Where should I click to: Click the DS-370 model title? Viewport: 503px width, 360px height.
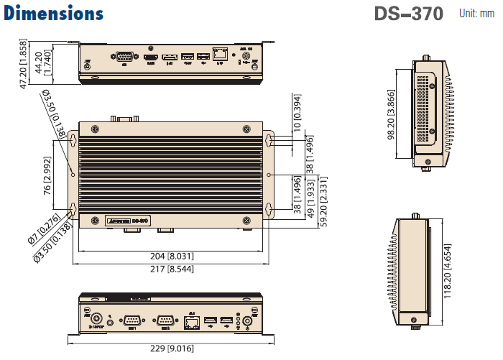coord(408,14)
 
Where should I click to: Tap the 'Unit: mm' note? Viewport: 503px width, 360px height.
coord(478,13)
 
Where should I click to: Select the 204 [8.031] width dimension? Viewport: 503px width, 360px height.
coord(170,256)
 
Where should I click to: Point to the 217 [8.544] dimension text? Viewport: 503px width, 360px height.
coord(170,269)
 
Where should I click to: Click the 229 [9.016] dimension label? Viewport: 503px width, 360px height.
coord(170,350)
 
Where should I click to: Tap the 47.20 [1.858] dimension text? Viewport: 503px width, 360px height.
coord(23,65)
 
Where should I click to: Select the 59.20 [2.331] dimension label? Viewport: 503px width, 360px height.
coord(326,201)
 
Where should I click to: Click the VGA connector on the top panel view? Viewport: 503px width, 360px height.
coord(124,56)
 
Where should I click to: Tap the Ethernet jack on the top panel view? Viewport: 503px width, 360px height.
coord(221,54)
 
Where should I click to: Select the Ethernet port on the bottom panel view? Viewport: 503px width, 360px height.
coord(191,322)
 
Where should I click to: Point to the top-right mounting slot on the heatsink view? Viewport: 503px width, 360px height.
coord(269,139)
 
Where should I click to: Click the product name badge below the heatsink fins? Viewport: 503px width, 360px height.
coord(127,221)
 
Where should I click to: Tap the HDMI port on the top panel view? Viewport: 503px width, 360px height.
coord(151,55)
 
